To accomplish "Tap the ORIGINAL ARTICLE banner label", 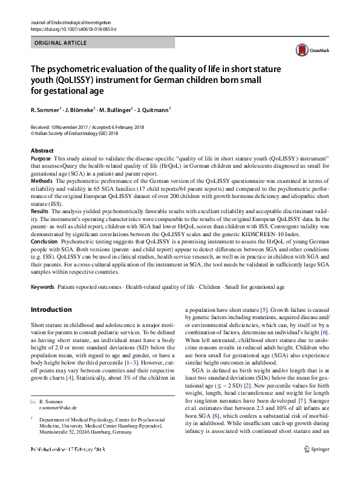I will point(61,43).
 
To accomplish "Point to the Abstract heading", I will point(42,150).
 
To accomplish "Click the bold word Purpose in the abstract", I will point(41,157).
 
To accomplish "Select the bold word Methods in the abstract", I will point(41,181).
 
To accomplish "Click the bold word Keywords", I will point(42,286).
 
